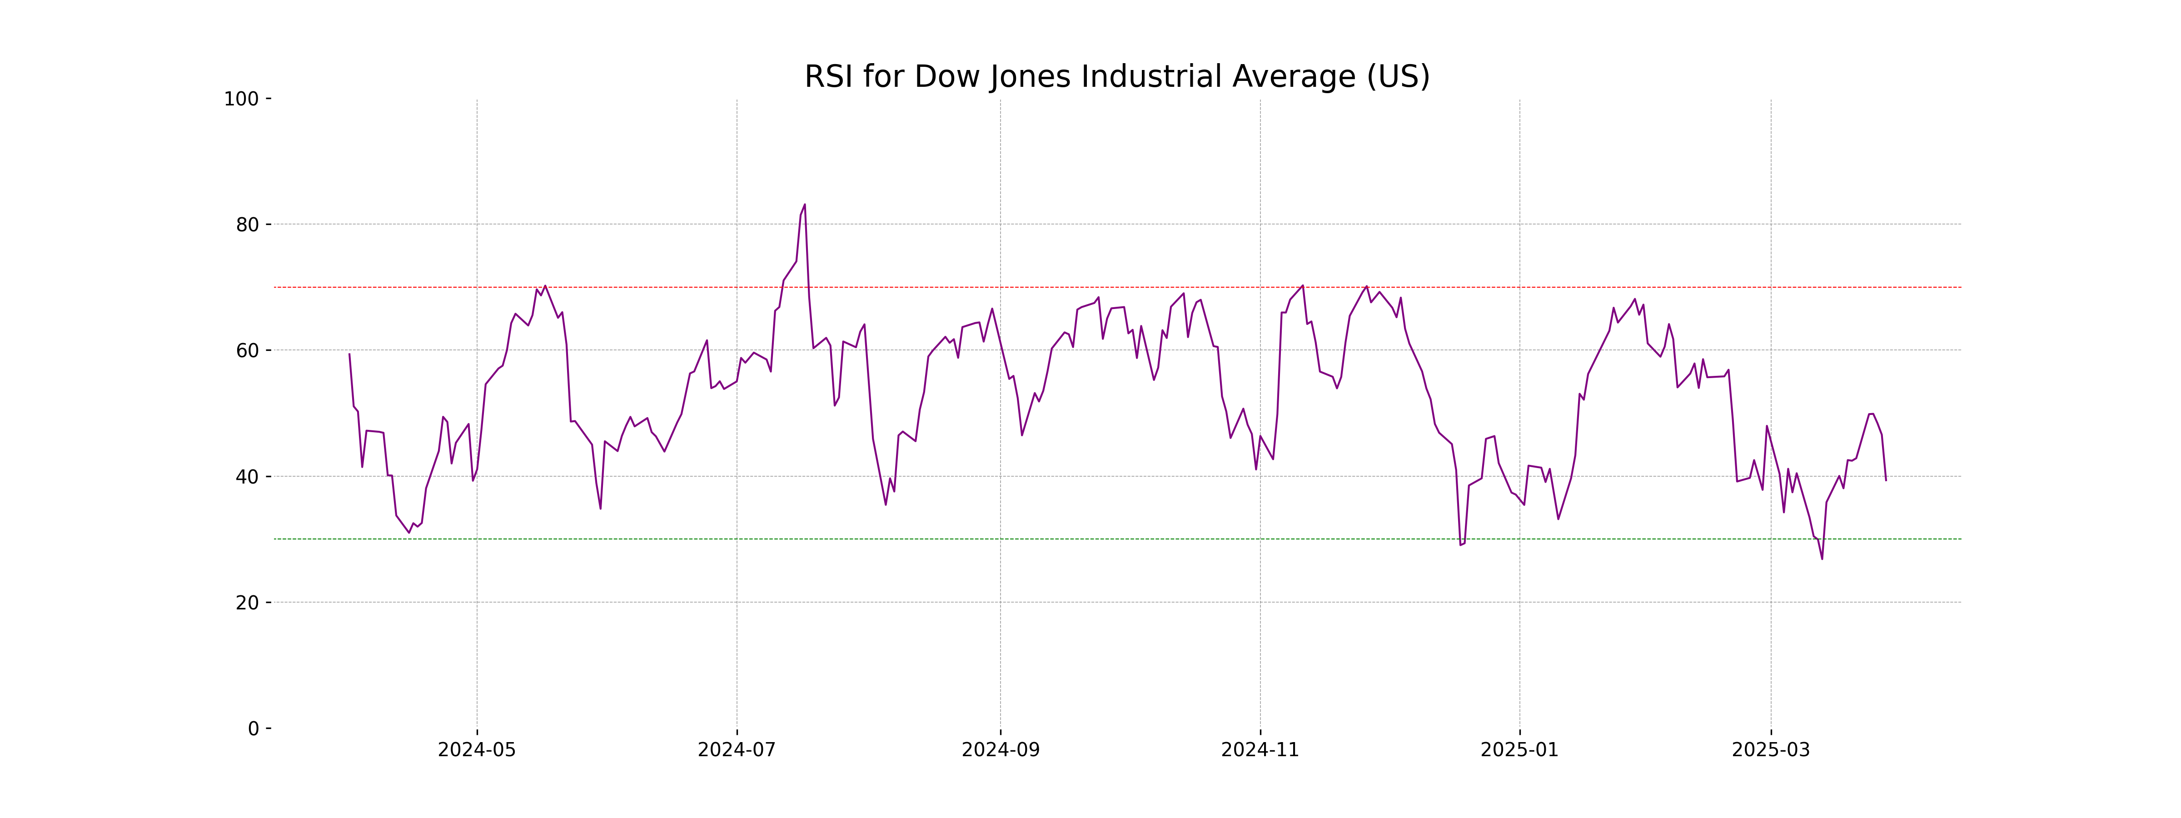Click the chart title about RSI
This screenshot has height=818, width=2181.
point(1117,77)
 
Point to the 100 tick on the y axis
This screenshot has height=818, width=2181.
point(241,99)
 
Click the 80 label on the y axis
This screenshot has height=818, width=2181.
point(247,225)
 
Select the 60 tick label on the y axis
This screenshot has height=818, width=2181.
point(247,350)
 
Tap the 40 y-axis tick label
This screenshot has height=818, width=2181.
point(247,477)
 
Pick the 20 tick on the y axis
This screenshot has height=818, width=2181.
point(247,603)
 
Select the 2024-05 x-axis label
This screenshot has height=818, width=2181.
point(477,750)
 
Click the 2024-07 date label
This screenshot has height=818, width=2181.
point(737,750)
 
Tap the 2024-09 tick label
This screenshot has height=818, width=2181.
point(1000,750)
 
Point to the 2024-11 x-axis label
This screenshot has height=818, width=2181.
point(1260,750)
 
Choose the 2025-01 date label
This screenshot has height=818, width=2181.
point(1520,750)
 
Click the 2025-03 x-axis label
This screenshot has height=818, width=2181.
point(1770,750)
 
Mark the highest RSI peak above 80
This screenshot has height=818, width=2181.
point(804,205)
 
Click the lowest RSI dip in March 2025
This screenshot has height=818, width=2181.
point(1822,558)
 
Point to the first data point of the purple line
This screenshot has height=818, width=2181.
point(350,354)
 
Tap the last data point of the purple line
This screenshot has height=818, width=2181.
point(1886,480)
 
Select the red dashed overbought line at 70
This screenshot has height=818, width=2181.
point(1100,287)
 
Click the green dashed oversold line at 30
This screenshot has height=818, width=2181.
point(1100,539)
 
